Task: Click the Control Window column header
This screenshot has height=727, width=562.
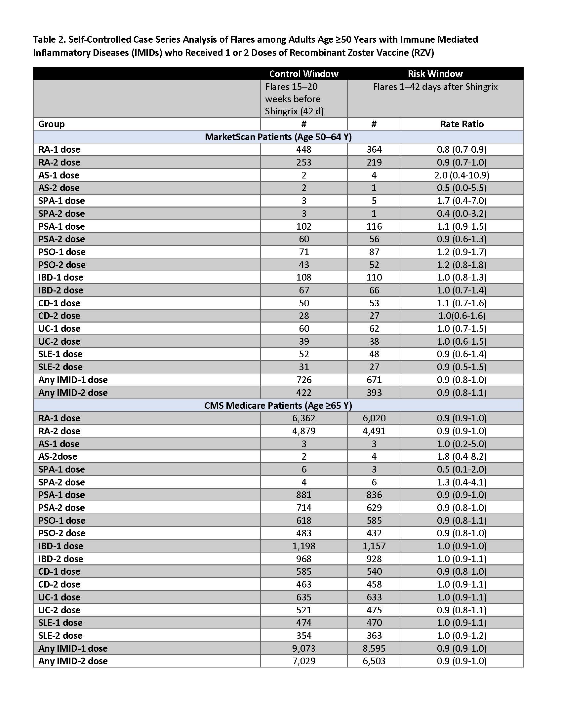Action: click(303, 74)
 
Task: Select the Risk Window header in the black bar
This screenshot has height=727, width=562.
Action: click(435, 74)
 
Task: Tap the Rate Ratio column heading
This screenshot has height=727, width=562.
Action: click(462, 124)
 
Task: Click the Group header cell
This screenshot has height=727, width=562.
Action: click(52, 124)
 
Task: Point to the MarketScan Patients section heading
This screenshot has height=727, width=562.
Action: click(278, 137)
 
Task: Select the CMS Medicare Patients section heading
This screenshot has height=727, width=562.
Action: click(278, 405)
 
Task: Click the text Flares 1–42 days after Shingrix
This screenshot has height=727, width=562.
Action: click(435, 87)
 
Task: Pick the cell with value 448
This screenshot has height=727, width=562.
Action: click(303, 149)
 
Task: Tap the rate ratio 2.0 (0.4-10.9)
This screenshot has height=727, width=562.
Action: click(462, 175)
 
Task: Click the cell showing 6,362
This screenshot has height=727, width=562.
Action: click(303, 418)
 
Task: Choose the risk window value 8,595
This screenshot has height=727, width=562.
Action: click(374, 648)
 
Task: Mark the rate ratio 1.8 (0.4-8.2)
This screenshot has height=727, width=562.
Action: click(462, 456)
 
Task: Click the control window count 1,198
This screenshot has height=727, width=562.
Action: click(303, 546)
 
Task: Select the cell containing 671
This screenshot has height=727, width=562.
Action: click(374, 380)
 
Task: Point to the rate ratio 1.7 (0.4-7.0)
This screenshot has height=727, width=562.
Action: click(462, 201)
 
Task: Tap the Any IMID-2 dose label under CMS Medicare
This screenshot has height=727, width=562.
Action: click(73, 661)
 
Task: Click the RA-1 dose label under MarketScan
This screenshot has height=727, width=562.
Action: click(59, 149)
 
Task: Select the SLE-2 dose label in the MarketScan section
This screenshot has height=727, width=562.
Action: click(60, 367)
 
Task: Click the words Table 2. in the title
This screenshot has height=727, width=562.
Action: click(49, 40)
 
